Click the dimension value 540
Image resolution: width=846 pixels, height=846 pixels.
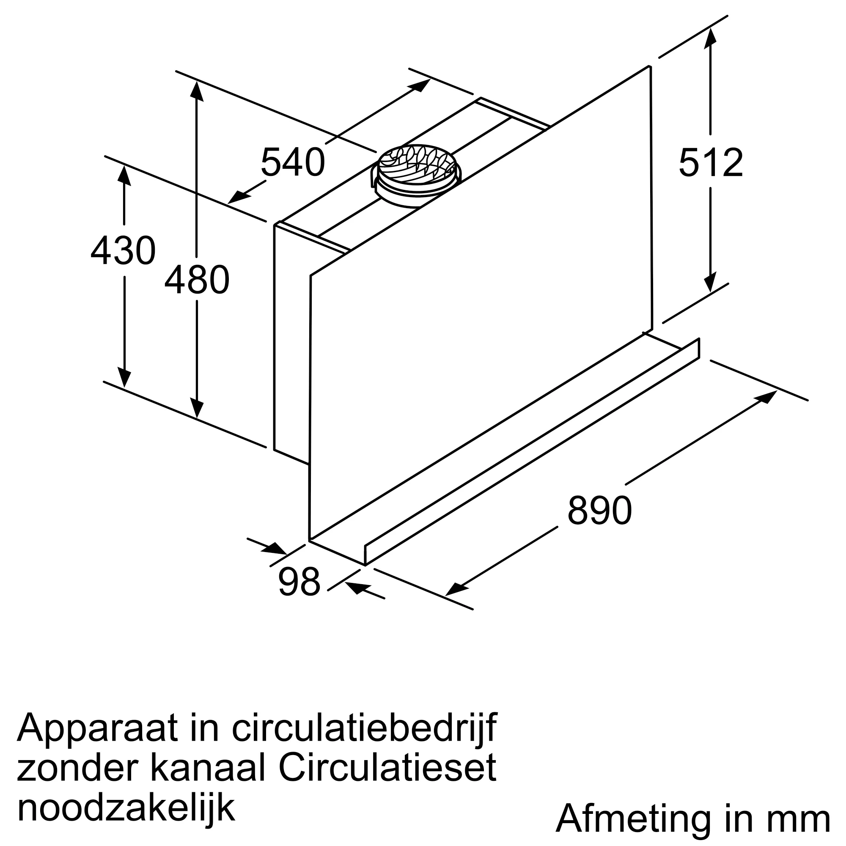(293, 162)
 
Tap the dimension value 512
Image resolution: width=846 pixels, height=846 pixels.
(711, 162)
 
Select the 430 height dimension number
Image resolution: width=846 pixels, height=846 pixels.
(123, 250)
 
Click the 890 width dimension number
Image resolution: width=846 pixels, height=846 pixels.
(599, 511)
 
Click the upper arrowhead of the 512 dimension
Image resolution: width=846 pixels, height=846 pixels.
(710, 35)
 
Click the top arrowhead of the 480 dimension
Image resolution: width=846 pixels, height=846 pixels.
(197, 91)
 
